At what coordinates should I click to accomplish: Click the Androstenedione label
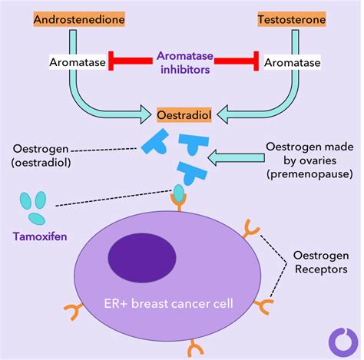[79, 19]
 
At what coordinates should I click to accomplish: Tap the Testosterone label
[292, 19]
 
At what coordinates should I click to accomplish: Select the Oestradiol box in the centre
[184, 115]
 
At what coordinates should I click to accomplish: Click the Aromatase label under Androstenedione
[78, 62]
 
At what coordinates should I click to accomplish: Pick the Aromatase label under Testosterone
[293, 62]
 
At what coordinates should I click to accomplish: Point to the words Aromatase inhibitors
[185, 62]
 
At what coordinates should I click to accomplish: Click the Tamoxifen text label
[40, 236]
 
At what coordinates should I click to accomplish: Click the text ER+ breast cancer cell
[168, 304]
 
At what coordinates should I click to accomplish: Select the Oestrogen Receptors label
[321, 263]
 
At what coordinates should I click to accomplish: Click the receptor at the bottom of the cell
[196, 348]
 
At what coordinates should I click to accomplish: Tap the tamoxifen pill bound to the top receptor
[179, 193]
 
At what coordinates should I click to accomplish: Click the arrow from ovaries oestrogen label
[236, 158]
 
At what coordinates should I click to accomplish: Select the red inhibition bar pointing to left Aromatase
[131, 61]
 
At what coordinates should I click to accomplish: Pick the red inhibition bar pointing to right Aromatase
[237, 61]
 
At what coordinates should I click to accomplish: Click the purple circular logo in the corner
[343, 342]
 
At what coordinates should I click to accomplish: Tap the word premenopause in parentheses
[309, 174]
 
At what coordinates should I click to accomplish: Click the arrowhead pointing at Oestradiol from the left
[146, 114]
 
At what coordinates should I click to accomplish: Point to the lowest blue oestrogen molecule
[191, 173]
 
